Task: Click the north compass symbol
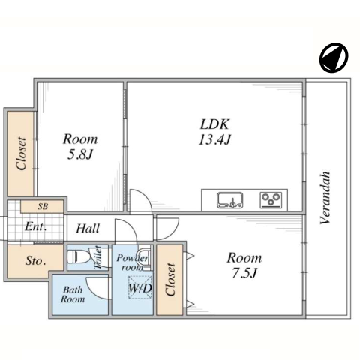pos(334,58)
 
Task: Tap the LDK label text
pos(214,124)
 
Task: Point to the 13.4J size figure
pos(214,139)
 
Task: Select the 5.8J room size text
pos(80,154)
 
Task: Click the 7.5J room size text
pos(244,273)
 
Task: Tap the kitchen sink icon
pos(230,200)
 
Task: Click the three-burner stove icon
pos(271,200)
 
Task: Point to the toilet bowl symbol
pos(77,256)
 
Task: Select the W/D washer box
pos(140,287)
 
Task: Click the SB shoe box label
pos(43,207)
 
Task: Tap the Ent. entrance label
pos(36,226)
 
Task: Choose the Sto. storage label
pos(35,261)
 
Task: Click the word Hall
pos(88,228)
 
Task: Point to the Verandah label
pos(325,197)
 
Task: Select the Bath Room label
pos(73,295)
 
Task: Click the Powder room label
pos(132,262)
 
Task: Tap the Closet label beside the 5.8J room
pos(21,154)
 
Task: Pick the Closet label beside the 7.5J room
pos(170,279)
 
